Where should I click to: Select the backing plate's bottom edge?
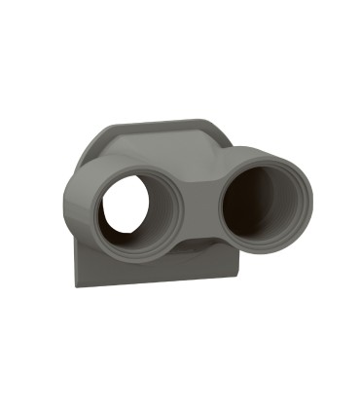[x=156, y=281]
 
